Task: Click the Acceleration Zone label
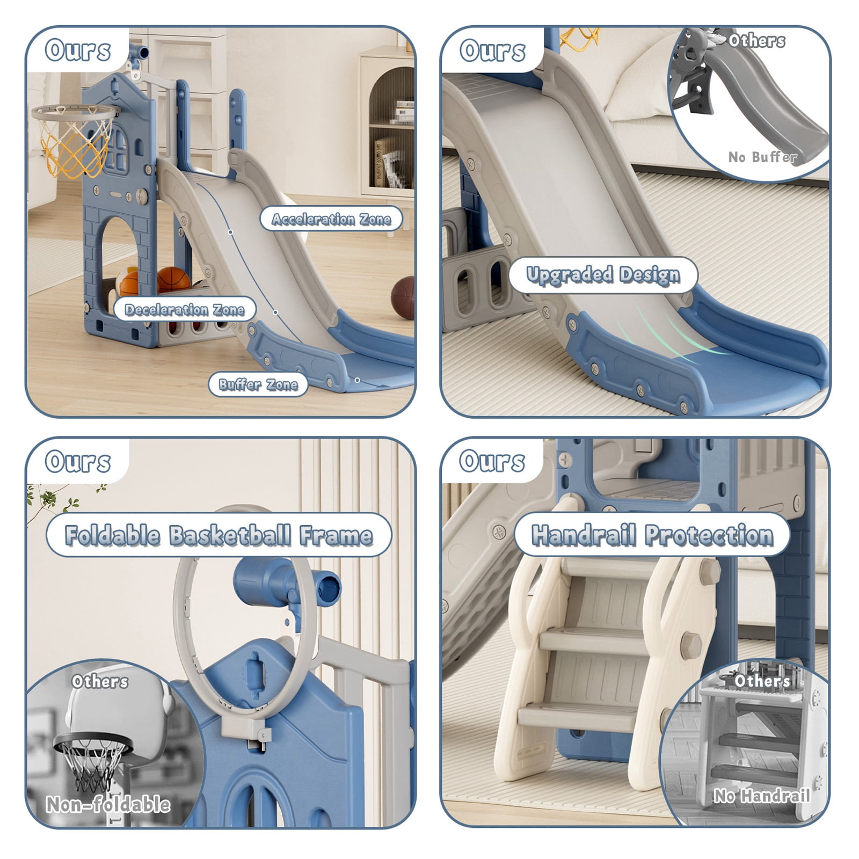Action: point(331,219)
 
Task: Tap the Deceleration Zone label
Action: point(185,310)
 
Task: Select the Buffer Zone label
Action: point(258,384)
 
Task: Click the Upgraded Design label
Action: point(603,275)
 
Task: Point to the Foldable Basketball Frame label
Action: point(219,535)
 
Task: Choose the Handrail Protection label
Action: point(652,535)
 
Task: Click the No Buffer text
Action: point(762,157)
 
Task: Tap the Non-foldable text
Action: point(108,804)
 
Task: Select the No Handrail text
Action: point(761,795)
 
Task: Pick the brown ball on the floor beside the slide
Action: point(403,298)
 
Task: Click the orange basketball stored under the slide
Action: point(173,280)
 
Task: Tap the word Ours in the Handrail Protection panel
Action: point(492,461)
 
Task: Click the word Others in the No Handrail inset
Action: point(762,681)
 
